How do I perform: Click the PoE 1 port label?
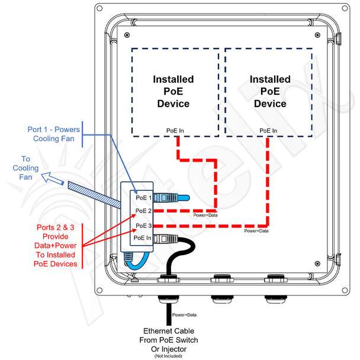[x=143, y=198]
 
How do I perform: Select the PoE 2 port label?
[x=143, y=211]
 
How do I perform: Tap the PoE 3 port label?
[x=143, y=226]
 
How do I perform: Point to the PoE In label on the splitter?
[x=142, y=238]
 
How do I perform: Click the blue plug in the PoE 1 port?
[x=171, y=198]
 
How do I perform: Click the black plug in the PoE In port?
[x=166, y=239]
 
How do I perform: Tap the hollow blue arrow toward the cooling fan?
[x=52, y=178]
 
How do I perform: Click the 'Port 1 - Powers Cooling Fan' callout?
[x=54, y=134]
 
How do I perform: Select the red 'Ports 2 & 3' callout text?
[x=55, y=246]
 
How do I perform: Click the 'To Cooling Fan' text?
[x=25, y=168]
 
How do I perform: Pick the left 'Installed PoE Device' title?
[x=173, y=91]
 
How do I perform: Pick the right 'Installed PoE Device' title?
[x=270, y=91]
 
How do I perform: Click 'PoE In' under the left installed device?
[x=175, y=131]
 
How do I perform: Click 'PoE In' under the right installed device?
[x=268, y=131]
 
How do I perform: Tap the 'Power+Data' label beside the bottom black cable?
[x=184, y=315]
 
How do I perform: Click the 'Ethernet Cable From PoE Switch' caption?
[x=169, y=336]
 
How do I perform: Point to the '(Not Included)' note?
[x=168, y=356]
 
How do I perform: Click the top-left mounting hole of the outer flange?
[x=99, y=8]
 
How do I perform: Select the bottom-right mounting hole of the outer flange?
[x=345, y=290]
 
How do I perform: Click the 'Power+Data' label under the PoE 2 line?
[x=205, y=215]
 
